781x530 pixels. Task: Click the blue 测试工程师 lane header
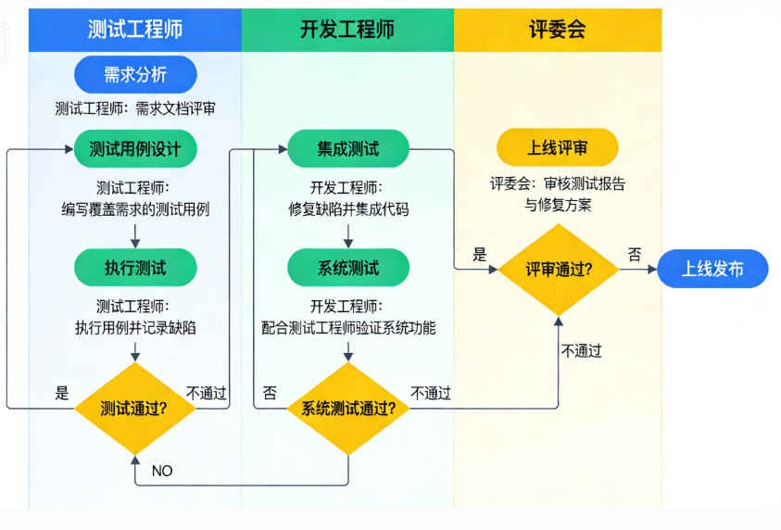pos(135,30)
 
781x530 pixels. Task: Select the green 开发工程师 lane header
pos(347,30)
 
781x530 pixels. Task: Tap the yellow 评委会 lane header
pos(558,30)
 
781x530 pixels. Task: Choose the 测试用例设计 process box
pos(135,148)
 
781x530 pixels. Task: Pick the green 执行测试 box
pos(135,269)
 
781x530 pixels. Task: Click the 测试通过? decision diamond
pos(135,408)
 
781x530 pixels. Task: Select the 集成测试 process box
pos(348,148)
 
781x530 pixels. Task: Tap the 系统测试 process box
pos(348,269)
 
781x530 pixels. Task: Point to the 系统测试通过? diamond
pos(348,409)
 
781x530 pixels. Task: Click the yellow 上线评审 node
pos(558,148)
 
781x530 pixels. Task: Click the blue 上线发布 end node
pos(712,270)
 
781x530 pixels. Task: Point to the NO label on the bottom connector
pos(162,471)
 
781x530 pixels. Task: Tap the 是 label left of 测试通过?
pos(62,393)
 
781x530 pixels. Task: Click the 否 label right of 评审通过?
pos(635,254)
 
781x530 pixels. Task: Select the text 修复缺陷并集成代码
pos(348,209)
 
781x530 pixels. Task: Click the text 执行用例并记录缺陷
pos(135,327)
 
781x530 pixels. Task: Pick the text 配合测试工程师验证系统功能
pos(348,327)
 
